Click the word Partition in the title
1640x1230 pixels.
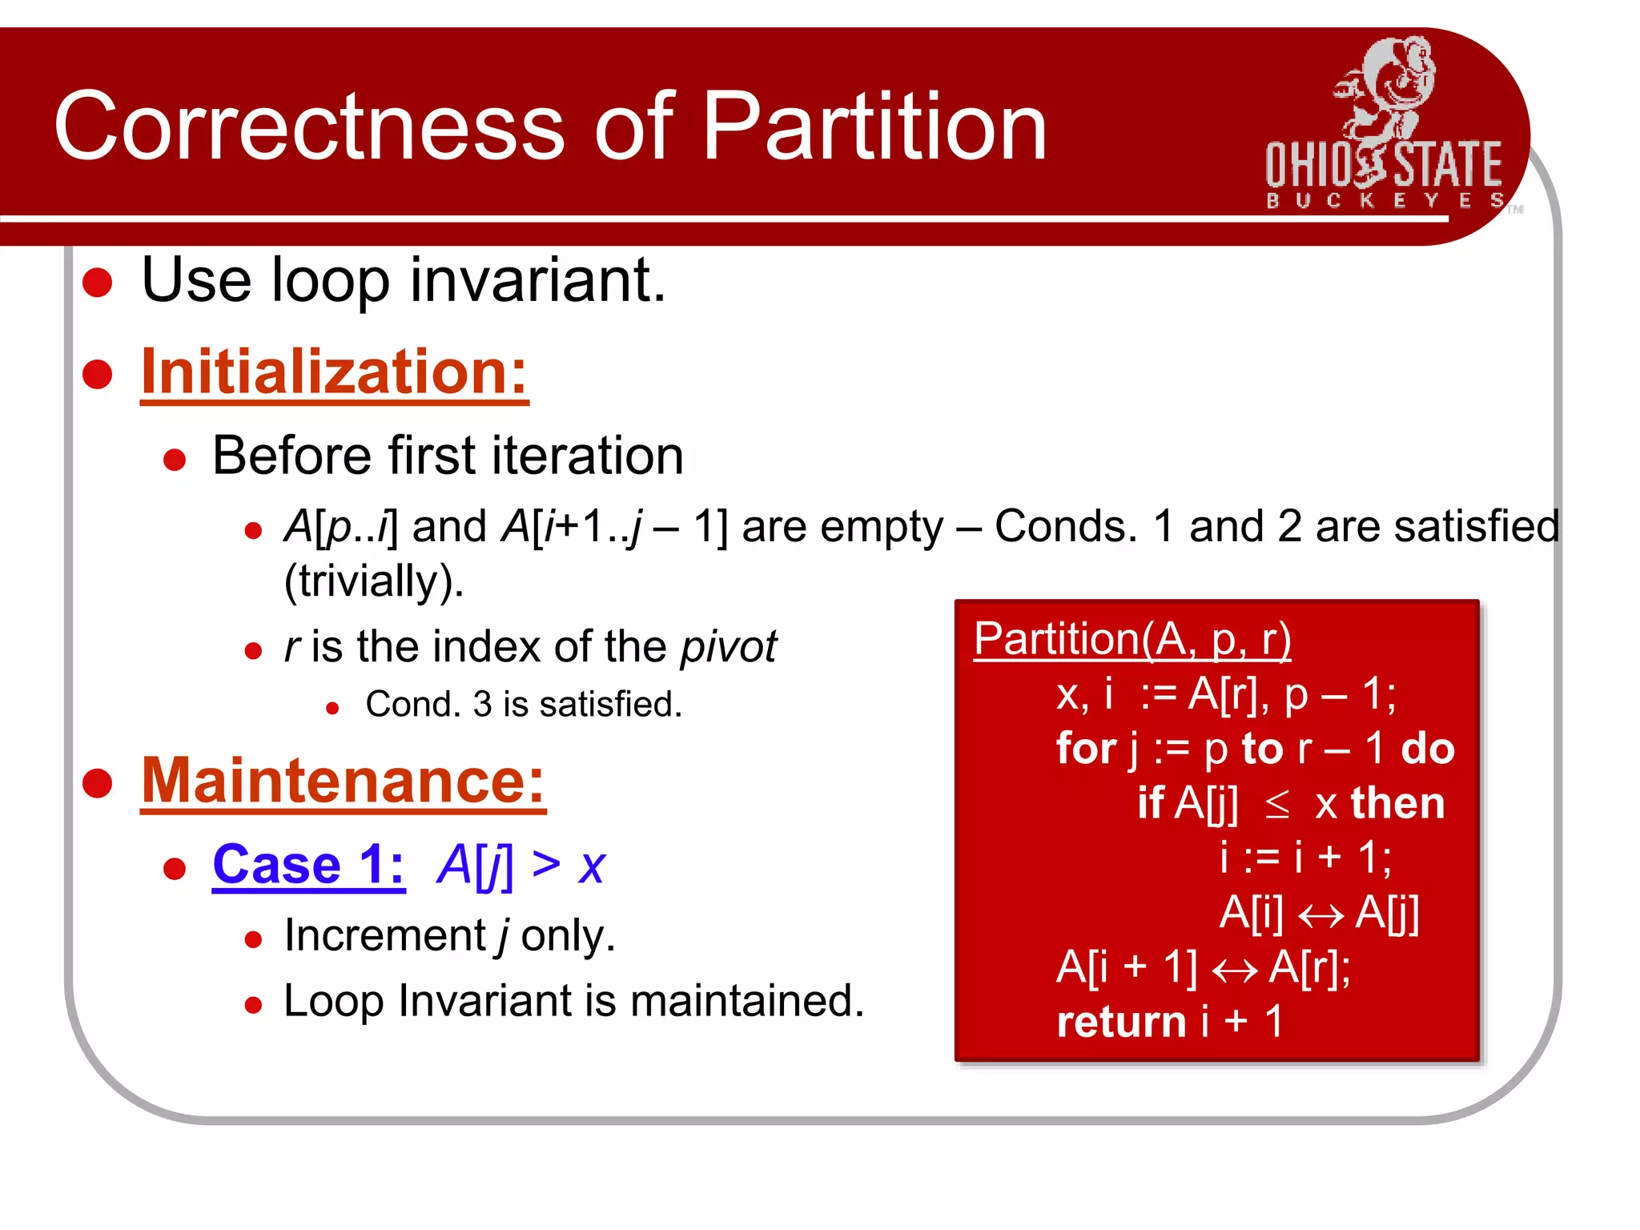(x=874, y=127)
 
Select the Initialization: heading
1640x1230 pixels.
(x=334, y=372)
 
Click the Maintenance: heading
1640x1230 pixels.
(x=343, y=781)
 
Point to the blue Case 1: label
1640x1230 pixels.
(x=308, y=865)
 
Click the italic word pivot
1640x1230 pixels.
(x=728, y=646)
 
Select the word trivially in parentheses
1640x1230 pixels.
(x=373, y=581)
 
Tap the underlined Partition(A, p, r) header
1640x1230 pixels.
(x=1132, y=640)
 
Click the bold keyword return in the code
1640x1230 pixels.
(x=1120, y=1023)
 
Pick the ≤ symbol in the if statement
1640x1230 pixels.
(x=1277, y=804)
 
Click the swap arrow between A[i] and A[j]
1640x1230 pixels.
(x=1320, y=914)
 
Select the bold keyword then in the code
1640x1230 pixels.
(x=1397, y=803)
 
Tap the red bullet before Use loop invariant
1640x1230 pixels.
(x=98, y=283)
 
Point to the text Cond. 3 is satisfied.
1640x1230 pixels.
(x=523, y=705)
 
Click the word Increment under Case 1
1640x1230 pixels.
(x=385, y=935)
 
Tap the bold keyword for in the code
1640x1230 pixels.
(x=1086, y=749)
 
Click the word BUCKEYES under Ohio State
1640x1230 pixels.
(x=1384, y=200)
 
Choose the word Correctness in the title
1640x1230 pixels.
(x=309, y=127)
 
